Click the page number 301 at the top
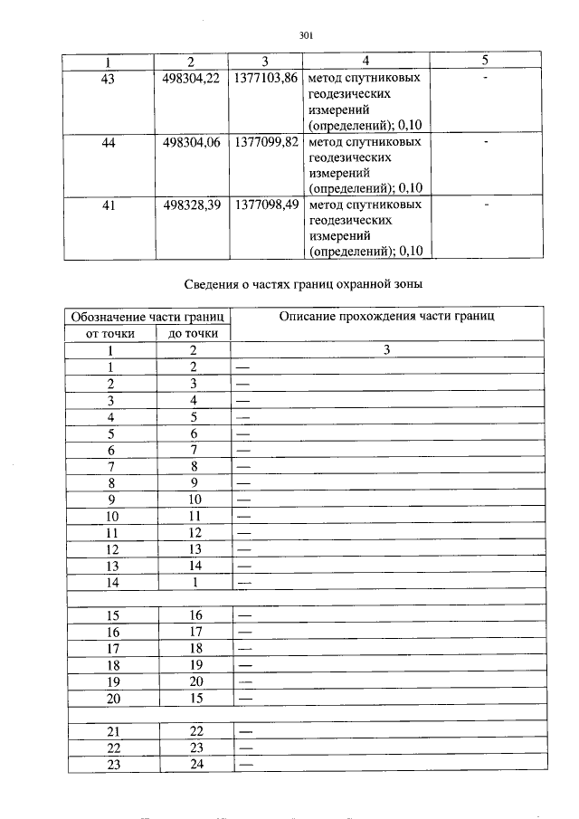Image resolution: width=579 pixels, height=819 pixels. [305, 36]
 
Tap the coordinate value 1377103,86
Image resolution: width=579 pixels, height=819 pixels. [265, 79]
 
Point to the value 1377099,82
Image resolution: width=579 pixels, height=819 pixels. [265, 142]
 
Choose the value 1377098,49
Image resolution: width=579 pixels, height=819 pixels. [265, 205]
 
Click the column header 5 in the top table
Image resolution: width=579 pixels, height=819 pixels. [485, 61]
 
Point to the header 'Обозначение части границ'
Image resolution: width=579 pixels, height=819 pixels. [147, 317]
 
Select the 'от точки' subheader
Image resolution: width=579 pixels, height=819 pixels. [110, 333]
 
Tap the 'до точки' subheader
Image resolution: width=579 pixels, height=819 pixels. [193, 333]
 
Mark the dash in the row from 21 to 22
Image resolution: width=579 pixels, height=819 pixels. [244, 731]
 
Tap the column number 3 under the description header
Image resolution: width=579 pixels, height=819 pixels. [386, 350]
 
